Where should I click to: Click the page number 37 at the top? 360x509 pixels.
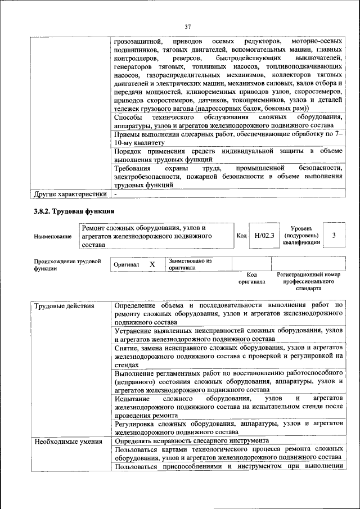(188, 25)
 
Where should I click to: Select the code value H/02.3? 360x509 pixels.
(263, 236)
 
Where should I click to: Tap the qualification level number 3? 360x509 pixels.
(334, 236)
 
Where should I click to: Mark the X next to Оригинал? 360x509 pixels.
(152, 264)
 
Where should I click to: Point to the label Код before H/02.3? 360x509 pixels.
(242, 237)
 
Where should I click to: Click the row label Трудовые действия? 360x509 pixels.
(57, 307)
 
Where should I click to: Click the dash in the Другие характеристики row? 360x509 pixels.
(115, 194)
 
